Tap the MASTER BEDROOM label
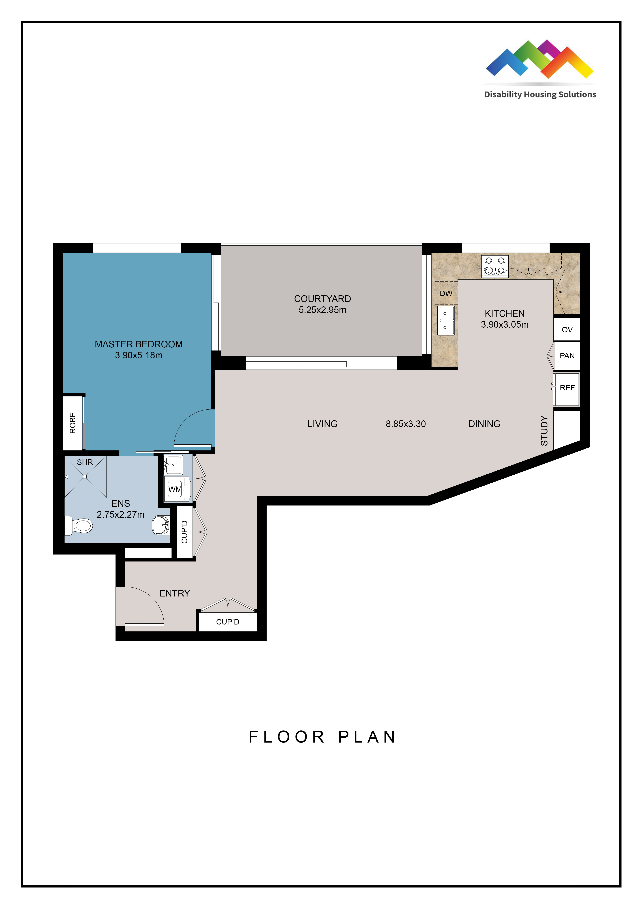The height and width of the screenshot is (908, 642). click(139, 344)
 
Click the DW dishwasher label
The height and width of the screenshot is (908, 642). click(446, 293)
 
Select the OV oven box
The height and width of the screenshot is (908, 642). click(567, 329)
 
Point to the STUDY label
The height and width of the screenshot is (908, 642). click(544, 431)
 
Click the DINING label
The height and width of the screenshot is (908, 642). click(484, 424)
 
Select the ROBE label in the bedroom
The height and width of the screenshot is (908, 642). click(73, 423)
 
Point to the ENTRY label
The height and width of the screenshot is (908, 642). click(175, 593)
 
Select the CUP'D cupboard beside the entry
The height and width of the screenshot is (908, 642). click(228, 622)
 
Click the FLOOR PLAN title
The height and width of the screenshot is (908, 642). click(322, 737)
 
